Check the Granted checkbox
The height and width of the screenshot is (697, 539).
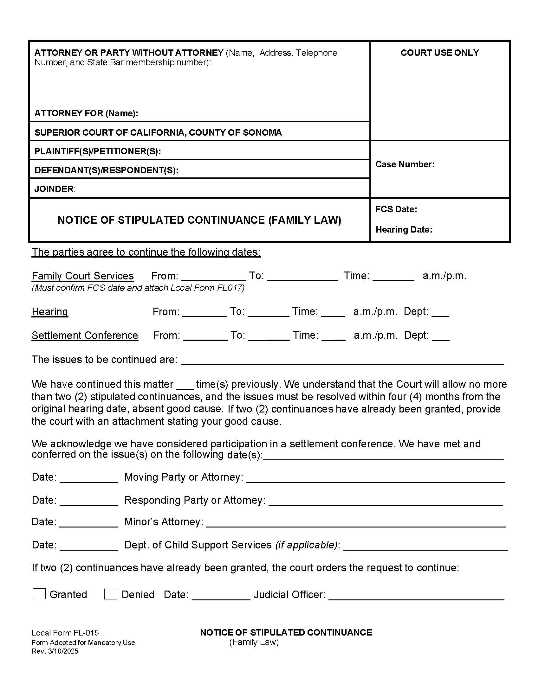(39, 594)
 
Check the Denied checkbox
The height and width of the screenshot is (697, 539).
(110, 594)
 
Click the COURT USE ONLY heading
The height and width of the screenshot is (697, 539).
(439, 53)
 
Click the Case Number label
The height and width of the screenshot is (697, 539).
(405, 164)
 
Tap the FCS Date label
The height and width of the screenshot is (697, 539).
(396, 209)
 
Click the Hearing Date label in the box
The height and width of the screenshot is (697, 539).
(404, 229)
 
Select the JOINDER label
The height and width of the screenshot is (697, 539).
(54, 189)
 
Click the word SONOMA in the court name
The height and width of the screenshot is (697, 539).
(263, 132)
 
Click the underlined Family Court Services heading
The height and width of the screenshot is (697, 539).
(83, 276)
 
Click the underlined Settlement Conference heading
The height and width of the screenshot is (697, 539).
(85, 336)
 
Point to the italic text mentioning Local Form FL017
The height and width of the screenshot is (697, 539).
(138, 288)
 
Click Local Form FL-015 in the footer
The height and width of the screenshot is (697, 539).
(65, 633)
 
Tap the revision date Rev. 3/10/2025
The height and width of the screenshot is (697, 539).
(55, 651)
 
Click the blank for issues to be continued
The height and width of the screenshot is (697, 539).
(342, 361)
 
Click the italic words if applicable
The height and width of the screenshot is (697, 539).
(306, 545)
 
